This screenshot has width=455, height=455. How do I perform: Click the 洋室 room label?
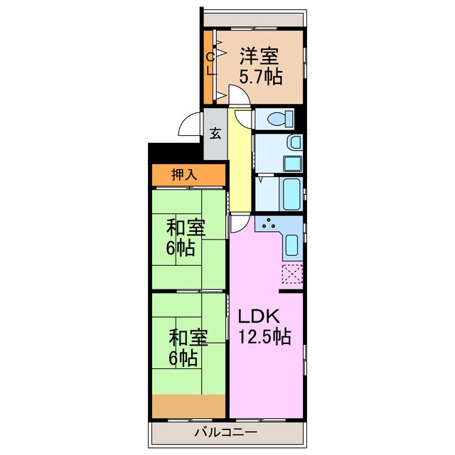click(x=258, y=55)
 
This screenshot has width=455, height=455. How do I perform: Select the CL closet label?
click(x=210, y=64)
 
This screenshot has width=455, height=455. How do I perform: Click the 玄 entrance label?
click(x=215, y=134)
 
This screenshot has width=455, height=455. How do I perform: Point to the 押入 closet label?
click(x=185, y=174)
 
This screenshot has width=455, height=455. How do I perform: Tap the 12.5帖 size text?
click(x=264, y=336)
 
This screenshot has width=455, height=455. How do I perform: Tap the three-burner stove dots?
click(x=269, y=226)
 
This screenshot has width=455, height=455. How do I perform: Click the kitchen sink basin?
click(x=292, y=246)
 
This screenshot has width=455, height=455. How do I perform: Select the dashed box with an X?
click(x=292, y=274)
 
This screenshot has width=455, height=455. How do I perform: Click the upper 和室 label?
click(x=186, y=228)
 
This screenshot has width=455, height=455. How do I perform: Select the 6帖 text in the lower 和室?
click(x=183, y=358)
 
